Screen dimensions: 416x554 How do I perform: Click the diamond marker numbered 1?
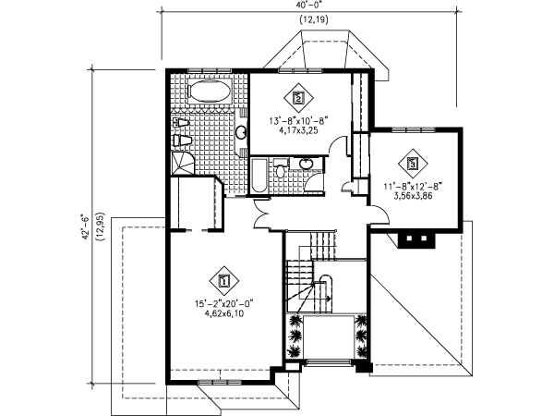223,277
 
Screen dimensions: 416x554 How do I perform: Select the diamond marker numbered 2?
298,96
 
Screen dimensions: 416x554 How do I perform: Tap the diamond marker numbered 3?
414,163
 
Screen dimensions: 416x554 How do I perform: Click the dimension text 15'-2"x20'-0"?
223,303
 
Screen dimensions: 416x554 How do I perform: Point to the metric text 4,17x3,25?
298,131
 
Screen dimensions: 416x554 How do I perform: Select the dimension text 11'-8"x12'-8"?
414,186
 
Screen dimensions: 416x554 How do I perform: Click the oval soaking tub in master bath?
209,92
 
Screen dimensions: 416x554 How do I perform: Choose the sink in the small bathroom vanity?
310,166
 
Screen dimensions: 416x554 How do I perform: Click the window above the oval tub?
209,72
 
